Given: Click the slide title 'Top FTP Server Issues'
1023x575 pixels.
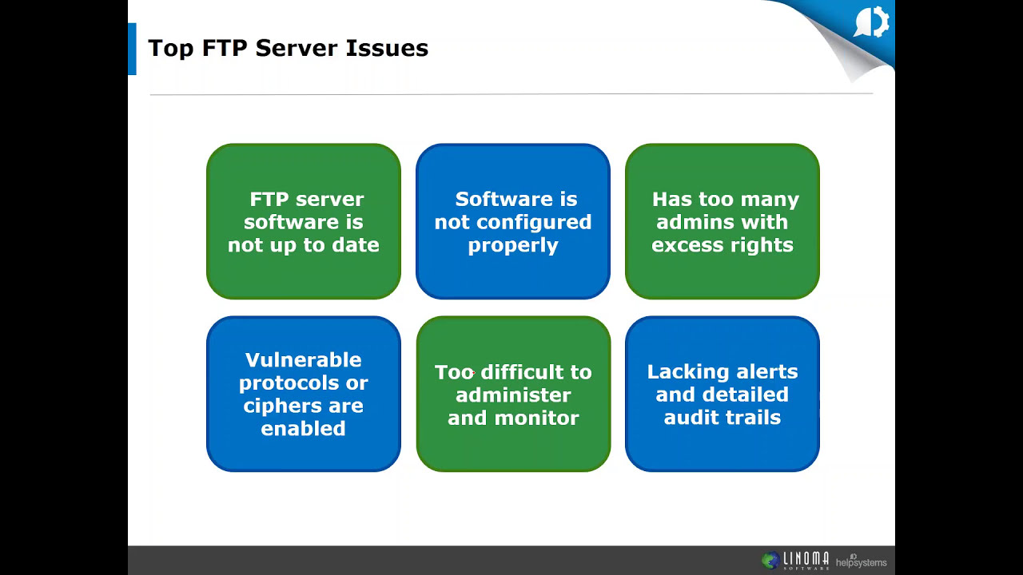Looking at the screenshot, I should [x=288, y=48].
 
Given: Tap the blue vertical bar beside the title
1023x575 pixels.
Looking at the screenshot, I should [x=132, y=49].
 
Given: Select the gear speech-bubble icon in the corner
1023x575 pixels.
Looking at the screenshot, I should [x=871, y=23].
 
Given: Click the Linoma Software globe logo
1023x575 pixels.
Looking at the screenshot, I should [x=770, y=561].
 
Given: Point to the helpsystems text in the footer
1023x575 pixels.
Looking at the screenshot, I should [x=861, y=562].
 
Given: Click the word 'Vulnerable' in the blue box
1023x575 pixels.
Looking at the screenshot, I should [x=303, y=360].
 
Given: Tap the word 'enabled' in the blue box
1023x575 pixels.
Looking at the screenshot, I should [x=303, y=429].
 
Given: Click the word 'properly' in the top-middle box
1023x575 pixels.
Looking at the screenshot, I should [x=513, y=245].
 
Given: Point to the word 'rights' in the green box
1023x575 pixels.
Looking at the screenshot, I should [x=765, y=245].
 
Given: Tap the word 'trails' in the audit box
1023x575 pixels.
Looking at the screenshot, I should [x=753, y=418].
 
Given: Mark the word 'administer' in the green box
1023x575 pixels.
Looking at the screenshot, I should [x=513, y=395].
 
